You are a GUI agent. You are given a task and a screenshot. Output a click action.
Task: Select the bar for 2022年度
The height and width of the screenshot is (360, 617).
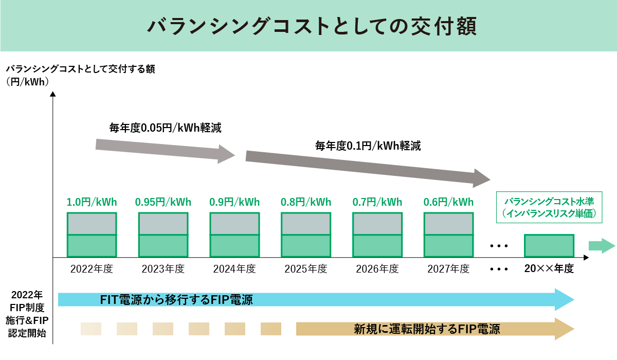(x=92, y=235)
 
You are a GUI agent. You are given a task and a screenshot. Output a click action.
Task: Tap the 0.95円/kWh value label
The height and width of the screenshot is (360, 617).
(x=163, y=202)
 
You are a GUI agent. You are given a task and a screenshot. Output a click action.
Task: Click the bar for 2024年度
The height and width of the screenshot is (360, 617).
(x=234, y=235)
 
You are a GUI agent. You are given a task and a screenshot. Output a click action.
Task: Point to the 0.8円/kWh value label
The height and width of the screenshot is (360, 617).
(x=306, y=202)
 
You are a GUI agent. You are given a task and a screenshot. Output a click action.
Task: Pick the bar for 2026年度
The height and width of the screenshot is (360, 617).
(x=377, y=235)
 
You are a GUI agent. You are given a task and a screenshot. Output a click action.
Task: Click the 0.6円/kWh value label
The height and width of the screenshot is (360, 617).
(x=448, y=202)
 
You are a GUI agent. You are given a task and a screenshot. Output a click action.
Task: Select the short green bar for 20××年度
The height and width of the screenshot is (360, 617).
(x=549, y=246)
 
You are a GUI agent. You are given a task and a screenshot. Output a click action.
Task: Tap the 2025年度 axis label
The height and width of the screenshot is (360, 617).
(x=306, y=269)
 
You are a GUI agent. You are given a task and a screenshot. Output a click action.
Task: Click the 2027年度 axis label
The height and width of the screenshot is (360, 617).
(x=448, y=269)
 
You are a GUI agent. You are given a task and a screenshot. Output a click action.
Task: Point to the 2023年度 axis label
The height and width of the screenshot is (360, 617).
(x=163, y=269)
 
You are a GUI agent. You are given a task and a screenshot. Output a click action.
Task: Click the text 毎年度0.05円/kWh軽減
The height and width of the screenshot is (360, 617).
(x=165, y=128)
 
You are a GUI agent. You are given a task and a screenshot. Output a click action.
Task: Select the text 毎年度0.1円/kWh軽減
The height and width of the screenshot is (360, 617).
(x=368, y=146)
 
